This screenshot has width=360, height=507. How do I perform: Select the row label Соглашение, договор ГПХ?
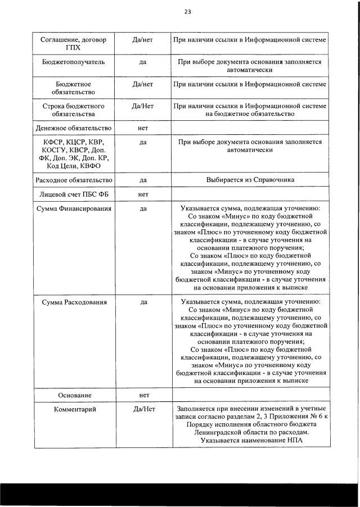[73, 43]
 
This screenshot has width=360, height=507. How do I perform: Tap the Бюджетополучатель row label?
[73, 62]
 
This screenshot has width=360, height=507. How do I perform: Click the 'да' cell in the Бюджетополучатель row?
[143, 62]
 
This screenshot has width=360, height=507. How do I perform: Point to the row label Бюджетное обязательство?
[73, 88]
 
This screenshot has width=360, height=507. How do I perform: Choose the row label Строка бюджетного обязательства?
[73, 110]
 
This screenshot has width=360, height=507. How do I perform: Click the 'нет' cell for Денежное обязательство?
[143, 128]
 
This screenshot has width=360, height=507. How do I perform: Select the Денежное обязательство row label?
[73, 128]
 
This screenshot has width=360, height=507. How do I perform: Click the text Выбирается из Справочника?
[250, 180]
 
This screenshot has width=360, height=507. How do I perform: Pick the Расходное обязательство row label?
[73, 180]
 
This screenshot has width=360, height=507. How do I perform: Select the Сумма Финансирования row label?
[73, 209]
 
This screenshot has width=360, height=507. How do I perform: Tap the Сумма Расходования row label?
[73, 302]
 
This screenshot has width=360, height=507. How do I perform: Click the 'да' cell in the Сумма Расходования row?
[143, 302]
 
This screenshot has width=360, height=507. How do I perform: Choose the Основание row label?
[73, 395]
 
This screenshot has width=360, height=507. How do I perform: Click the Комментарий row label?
[73, 409]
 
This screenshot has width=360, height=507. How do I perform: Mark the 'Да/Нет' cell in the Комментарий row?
[143, 409]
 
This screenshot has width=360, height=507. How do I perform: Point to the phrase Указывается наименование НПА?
[250, 441]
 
